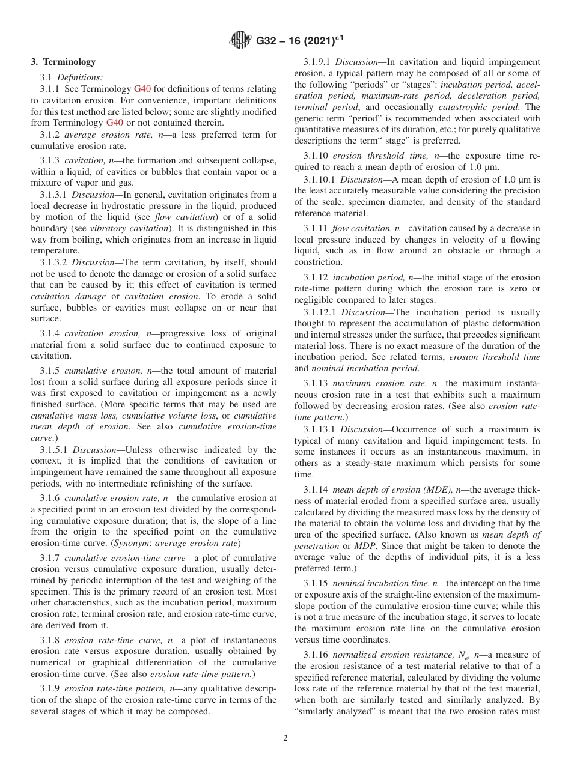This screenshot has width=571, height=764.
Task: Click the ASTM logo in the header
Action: [241, 41]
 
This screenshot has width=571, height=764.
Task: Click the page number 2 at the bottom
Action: [285, 738]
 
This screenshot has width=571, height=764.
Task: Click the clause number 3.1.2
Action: [49, 135]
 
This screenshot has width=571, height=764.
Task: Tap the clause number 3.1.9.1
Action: [317, 62]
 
